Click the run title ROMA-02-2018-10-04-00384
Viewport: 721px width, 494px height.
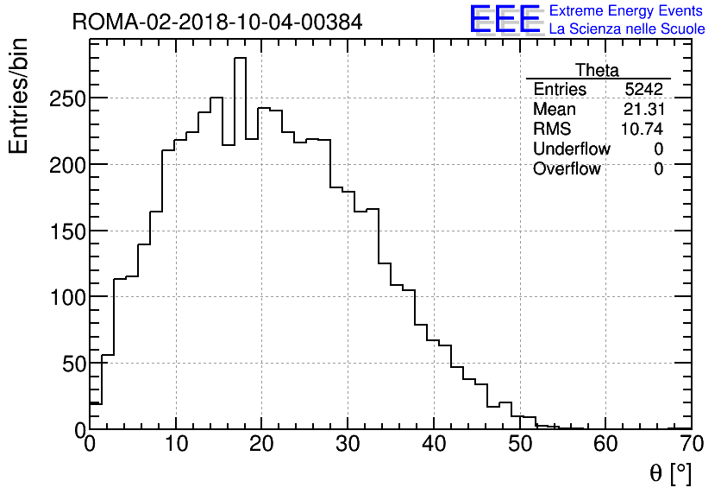coord(217,22)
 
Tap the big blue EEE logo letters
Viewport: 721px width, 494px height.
coord(505,19)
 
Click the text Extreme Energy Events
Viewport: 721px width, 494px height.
coord(625,11)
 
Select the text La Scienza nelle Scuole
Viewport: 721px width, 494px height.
coord(626,29)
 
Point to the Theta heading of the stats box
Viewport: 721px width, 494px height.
coord(597,71)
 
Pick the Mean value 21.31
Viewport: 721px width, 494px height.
coord(643,110)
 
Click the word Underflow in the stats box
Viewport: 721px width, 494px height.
coord(571,149)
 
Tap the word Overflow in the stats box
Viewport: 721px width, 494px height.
coord(567,169)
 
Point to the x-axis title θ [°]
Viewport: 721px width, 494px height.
coord(669,473)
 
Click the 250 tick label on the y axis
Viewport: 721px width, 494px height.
coord(66,98)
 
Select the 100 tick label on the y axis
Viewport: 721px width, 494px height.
coord(66,297)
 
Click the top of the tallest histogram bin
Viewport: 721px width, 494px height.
coord(240,58)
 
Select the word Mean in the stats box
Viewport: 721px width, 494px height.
coord(554,110)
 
